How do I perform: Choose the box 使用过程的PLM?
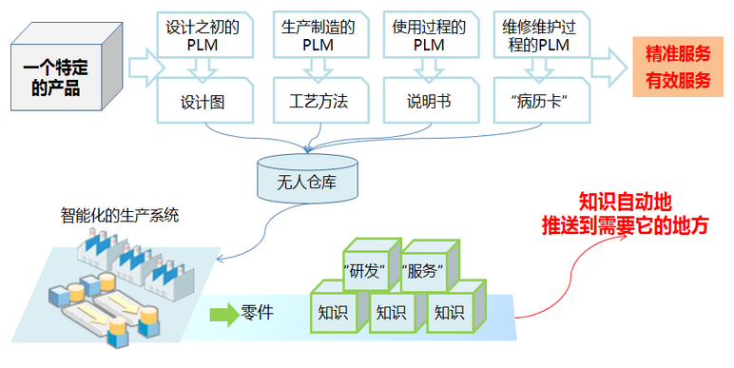click(428, 35)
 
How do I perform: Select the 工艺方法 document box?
click(319, 102)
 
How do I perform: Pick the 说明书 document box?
click(428, 102)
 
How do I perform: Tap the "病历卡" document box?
click(538, 102)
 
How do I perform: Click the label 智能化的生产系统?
click(120, 215)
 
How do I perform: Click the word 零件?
click(258, 311)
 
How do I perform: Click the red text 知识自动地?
click(625, 203)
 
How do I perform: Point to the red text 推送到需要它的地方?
click(625, 227)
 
